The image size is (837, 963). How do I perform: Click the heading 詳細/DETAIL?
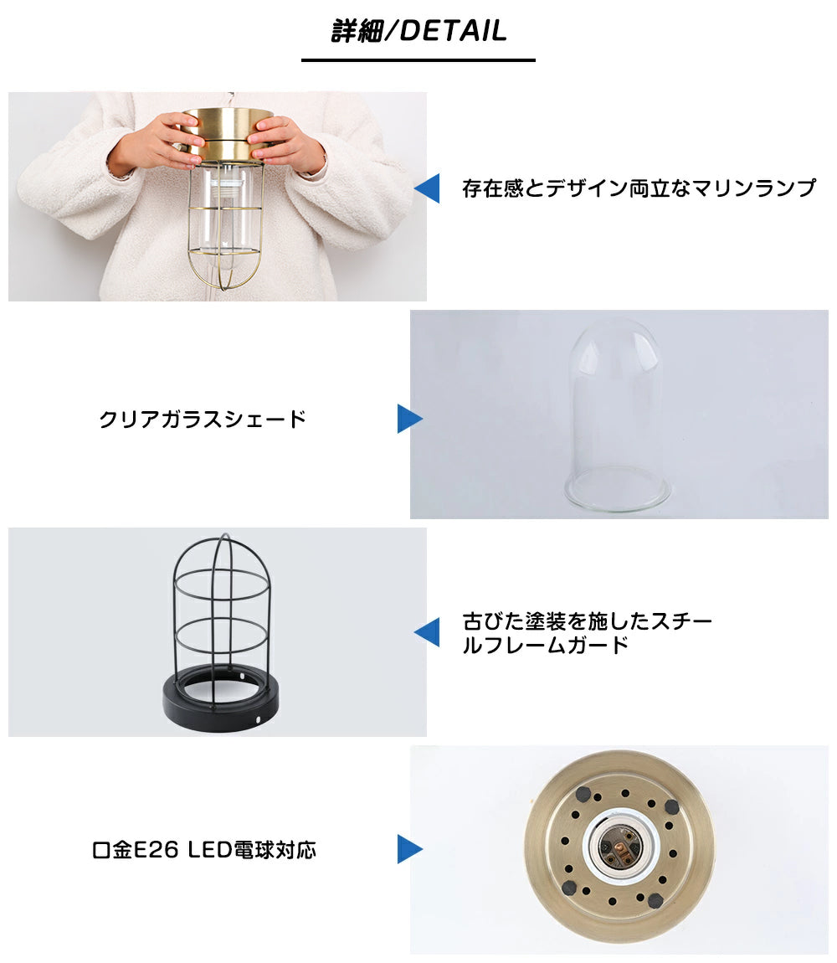(418, 31)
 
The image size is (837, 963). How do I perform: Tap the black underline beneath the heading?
(418, 60)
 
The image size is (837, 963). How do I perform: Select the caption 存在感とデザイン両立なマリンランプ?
(639, 188)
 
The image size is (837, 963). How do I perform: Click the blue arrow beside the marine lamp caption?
(427, 188)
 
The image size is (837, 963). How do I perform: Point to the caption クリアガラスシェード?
(203, 419)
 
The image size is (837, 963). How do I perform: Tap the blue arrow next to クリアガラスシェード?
(410, 419)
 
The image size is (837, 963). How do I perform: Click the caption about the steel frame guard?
(587, 632)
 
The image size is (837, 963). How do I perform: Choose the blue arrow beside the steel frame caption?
(427, 632)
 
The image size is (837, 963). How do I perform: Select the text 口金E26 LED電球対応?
(204, 850)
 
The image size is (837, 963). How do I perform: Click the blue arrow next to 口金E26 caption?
(410, 849)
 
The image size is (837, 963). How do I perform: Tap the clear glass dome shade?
(617, 411)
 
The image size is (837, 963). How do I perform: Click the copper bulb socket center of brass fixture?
(620, 849)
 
